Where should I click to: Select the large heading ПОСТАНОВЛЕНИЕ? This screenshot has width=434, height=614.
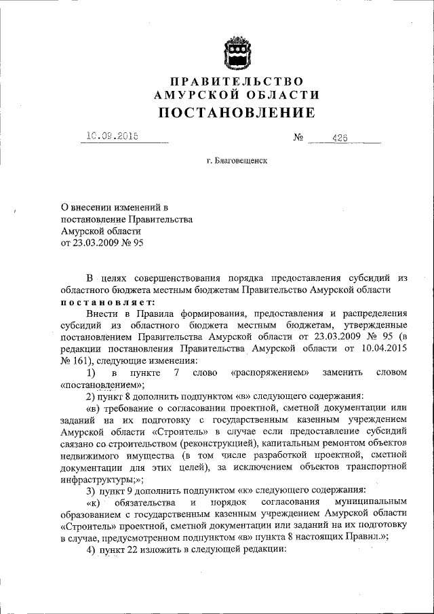click(x=237, y=113)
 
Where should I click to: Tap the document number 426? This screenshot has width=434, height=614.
click(x=340, y=138)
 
